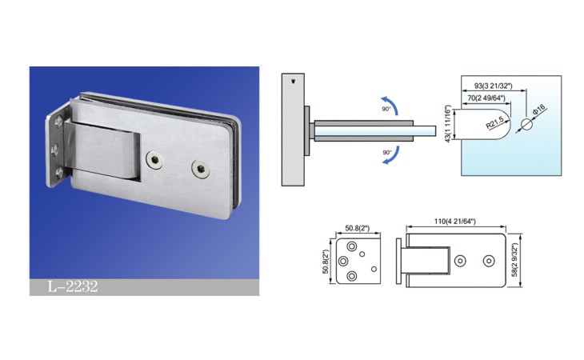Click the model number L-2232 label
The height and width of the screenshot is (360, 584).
[73, 286]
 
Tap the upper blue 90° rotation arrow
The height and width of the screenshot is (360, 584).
[392, 102]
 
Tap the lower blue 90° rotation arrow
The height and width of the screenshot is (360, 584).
[394, 157]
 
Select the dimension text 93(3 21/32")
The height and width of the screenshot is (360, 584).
[493, 86]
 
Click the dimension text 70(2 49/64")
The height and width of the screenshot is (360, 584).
[486, 98]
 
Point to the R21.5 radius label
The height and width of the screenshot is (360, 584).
[495, 122]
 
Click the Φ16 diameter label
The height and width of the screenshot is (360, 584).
[539, 110]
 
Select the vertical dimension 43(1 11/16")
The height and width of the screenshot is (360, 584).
[449, 123]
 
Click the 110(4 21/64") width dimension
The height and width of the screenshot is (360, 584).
[455, 221]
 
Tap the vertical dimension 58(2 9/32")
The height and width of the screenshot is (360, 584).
[514, 260]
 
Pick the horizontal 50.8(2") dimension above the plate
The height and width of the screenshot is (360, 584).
[358, 228]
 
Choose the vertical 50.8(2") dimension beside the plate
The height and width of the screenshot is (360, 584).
[326, 262]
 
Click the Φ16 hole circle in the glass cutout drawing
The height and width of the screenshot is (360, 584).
[527, 124]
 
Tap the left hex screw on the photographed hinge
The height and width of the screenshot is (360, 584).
[154, 160]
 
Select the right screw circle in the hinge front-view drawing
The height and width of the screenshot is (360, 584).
[489, 261]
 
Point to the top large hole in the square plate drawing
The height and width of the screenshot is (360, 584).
[351, 246]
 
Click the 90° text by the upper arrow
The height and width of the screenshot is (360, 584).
[386, 109]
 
